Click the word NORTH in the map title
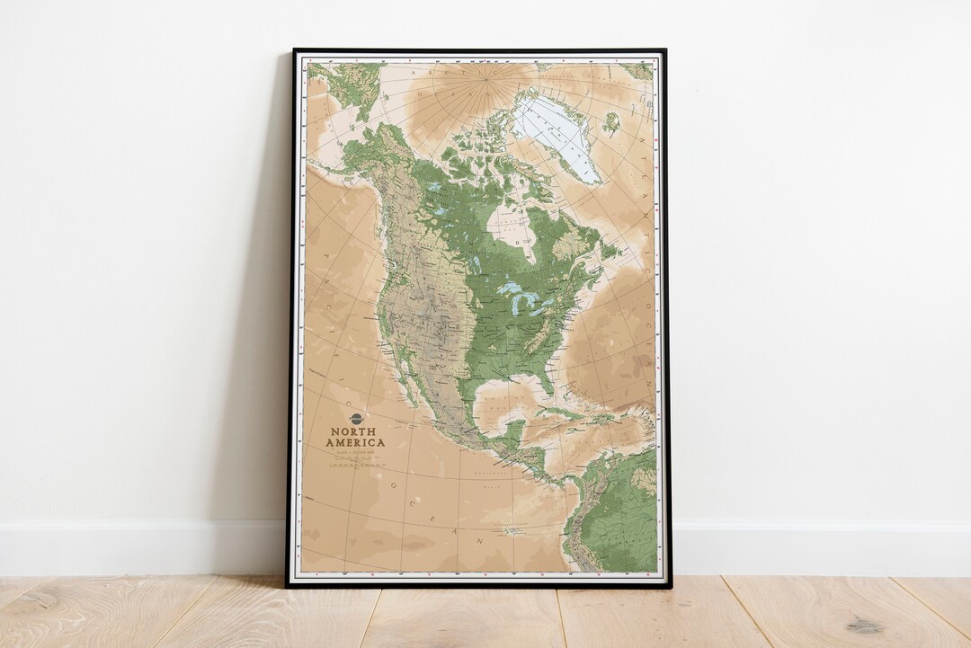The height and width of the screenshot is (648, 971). click(355, 431)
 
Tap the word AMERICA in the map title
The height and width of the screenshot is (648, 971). click(355, 442)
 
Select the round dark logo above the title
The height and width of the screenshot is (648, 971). click(355, 419)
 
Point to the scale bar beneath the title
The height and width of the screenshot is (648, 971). click(355, 464)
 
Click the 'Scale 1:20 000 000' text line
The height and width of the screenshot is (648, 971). click(355, 451)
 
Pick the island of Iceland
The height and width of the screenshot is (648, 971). click(611, 123)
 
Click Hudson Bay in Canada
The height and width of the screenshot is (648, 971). click(512, 225)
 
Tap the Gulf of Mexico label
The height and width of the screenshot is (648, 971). click(500, 401)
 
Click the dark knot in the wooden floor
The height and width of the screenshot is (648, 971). click(863, 626)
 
